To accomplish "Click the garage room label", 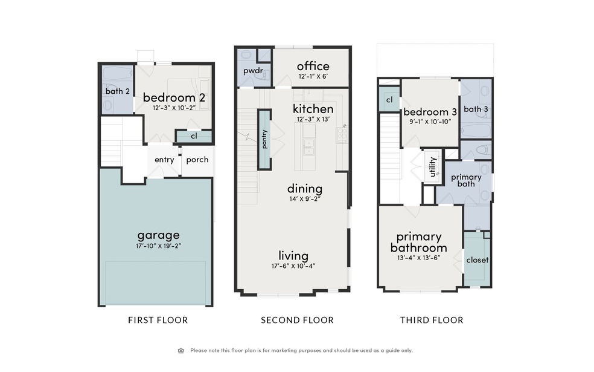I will tap(158, 235).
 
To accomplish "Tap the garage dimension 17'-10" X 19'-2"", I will tap(158, 246).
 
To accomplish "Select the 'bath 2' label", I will tap(118, 91).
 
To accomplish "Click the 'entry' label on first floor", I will tap(164, 160).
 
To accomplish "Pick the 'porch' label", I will tap(197, 160).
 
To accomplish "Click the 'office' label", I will tap(313, 66).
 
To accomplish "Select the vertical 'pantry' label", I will tap(264, 139).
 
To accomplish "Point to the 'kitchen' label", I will tap(313, 109).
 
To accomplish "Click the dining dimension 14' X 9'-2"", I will tap(304, 198).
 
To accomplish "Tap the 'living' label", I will tap(293, 255).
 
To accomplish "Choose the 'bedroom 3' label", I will tap(430, 112).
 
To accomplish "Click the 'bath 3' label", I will tap(476, 109).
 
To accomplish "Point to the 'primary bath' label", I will tap(466, 181).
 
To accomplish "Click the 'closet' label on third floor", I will tap(477, 260).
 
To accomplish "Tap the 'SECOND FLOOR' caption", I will tap(297, 320).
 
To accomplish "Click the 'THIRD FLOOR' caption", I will tap(432, 320).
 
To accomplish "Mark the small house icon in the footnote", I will tap(180, 350).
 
